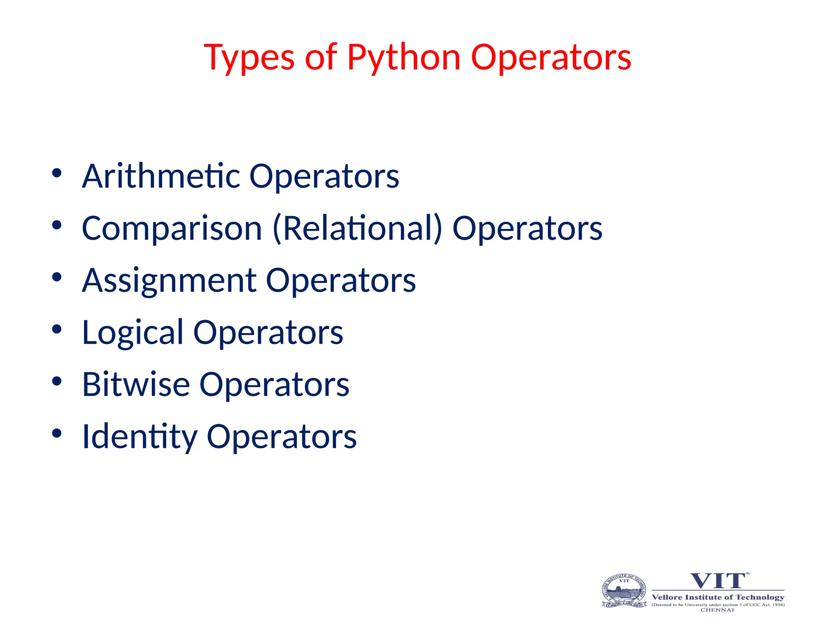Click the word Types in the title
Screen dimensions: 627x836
(x=249, y=58)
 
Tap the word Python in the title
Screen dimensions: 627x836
(x=404, y=58)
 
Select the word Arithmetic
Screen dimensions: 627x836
(x=161, y=176)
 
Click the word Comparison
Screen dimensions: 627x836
(x=172, y=228)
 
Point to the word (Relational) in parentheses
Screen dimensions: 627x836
(x=358, y=228)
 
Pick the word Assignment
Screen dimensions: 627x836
(x=169, y=280)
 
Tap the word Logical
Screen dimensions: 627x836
(x=133, y=333)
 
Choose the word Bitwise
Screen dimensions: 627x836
(x=136, y=385)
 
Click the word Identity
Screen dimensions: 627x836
(x=140, y=437)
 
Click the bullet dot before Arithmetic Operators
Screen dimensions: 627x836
(x=57, y=173)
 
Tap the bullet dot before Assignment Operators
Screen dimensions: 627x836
(x=57, y=277)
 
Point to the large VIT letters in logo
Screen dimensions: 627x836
(x=718, y=581)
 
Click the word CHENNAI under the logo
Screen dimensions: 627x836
(x=717, y=610)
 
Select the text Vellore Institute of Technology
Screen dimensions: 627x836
(x=718, y=597)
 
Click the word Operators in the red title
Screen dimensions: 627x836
(x=551, y=58)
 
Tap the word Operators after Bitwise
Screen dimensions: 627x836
(x=274, y=385)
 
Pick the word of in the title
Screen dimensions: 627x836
(x=321, y=58)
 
